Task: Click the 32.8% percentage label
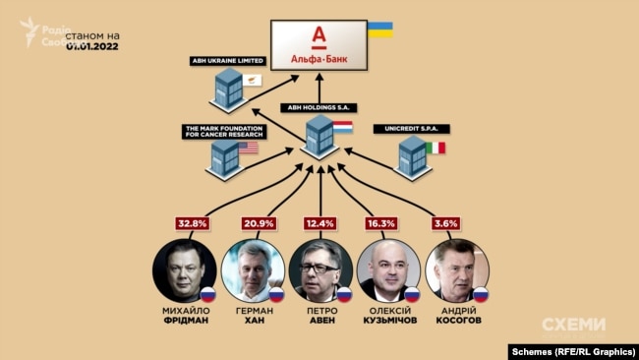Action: tap(192, 223)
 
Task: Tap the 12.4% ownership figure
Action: tap(320, 223)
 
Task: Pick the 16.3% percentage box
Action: tap(384, 223)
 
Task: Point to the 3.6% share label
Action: tap(444, 223)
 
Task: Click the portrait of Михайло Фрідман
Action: tap(184, 270)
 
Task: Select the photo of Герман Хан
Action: tap(253, 270)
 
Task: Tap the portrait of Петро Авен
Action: tap(320, 270)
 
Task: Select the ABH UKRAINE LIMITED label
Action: tap(226, 61)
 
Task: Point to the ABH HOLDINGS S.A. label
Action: tap(317, 106)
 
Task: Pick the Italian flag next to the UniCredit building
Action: tap(435, 148)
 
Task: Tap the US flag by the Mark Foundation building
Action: tap(249, 148)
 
